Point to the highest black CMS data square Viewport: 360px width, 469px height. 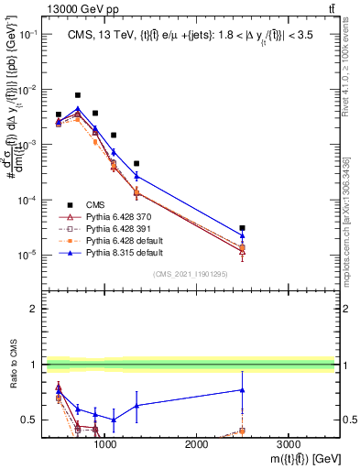click(x=78, y=95)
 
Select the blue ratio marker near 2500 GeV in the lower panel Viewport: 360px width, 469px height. click(x=242, y=389)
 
